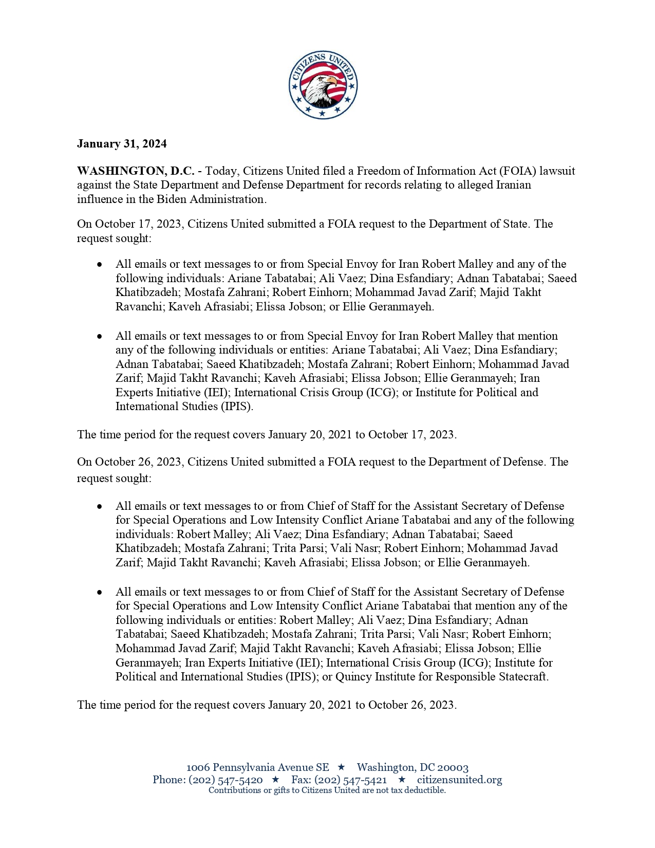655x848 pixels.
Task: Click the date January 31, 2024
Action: pos(122,144)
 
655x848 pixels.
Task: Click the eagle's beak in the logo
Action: pos(331,82)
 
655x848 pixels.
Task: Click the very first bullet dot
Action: pos(100,265)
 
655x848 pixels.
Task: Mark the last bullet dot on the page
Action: pos(100,593)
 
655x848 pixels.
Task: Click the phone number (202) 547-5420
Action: pos(226,780)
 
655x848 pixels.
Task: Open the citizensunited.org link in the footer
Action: pos(459,780)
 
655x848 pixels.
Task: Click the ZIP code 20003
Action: pos(452,767)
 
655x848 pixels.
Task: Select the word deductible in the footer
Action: pos(424,790)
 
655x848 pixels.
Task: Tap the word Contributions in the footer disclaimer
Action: pos(234,790)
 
